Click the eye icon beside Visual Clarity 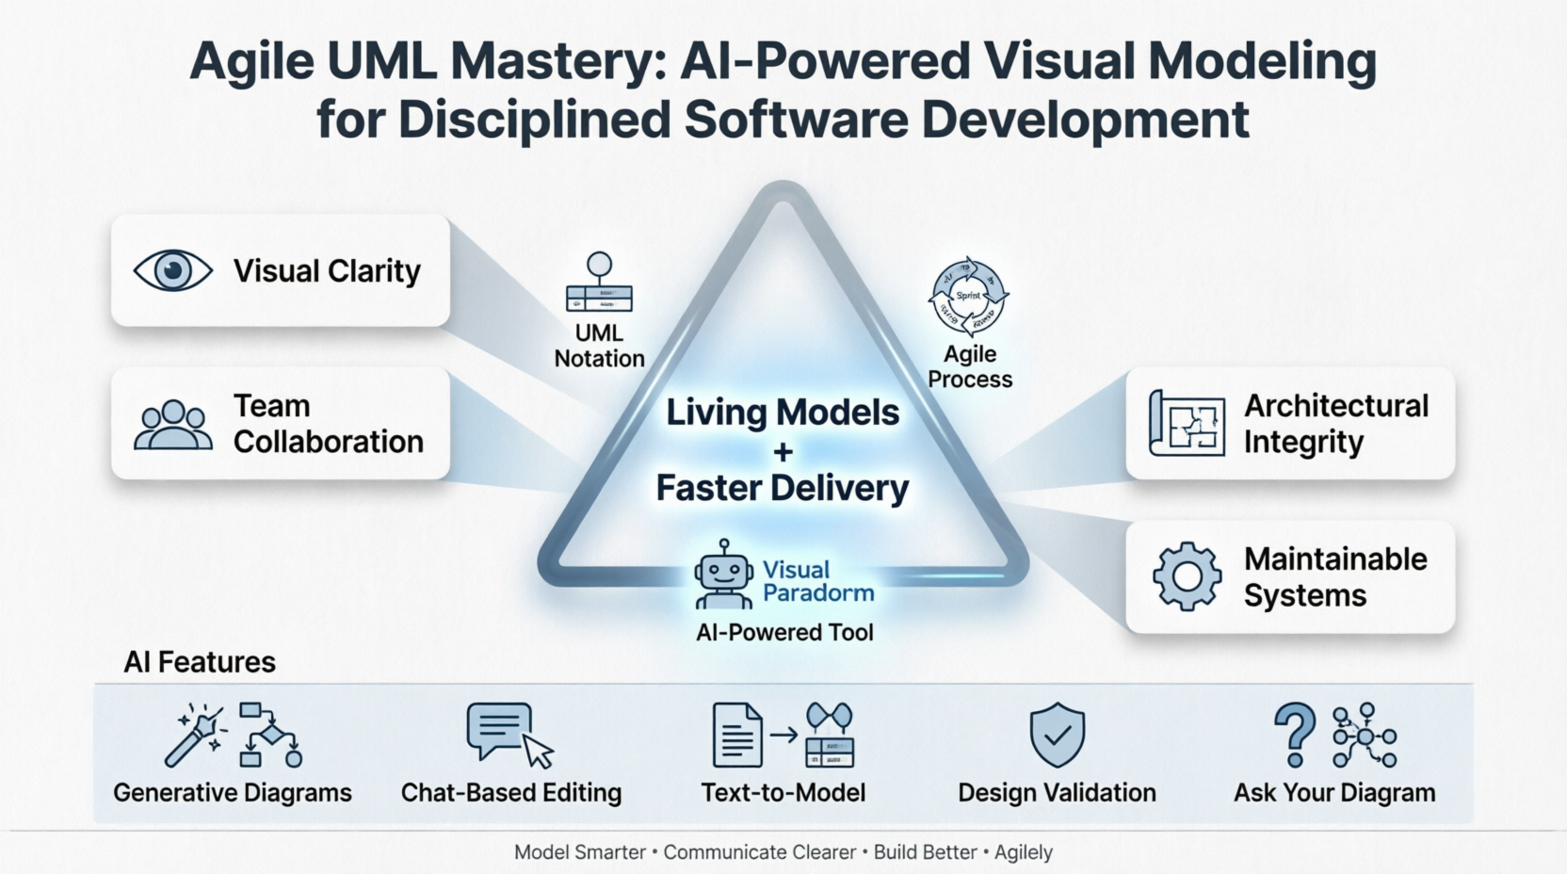[172, 271]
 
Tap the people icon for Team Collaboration [173, 425]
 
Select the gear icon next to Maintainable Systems [1187, 576]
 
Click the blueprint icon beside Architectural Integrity [1187, 424]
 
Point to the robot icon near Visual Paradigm [723, 575]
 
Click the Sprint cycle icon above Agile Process [968, 297]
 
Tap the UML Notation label [599, 346]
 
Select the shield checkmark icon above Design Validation [1057, 735]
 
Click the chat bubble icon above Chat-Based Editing [499, 730]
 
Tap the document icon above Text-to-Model [736, 736]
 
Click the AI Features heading [200, 662]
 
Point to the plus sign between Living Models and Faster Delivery [783, 452]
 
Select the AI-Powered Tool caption [784, 633]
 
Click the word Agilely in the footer [1024, 852]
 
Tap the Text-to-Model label [783, 793]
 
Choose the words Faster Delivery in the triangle [783, 488]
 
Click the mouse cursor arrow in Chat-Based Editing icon [538, 752]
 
